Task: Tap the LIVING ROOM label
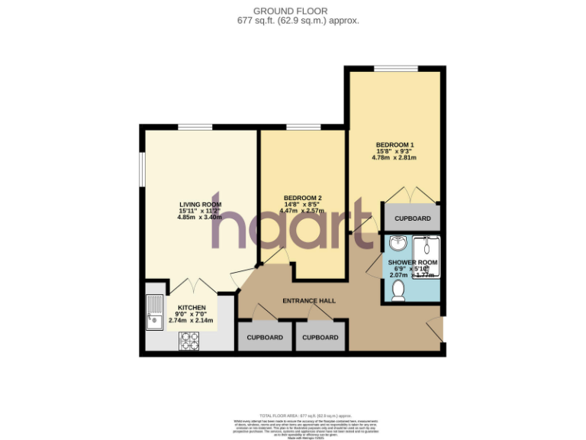click(x=200, y=204)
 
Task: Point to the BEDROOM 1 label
click(x=394, y=144)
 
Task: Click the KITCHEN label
click(x=192, y=308)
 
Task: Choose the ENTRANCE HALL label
click(x=309, y=301)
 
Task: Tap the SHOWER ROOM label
click(x=413, y=263)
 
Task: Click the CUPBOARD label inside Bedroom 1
click(x=412, y=218)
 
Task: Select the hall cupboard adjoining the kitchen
click(x=264, y=338)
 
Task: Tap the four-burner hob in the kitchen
click(x=188, y=341)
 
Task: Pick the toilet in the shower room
click(x=398, y=290)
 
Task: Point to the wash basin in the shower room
click(x=397, y=244)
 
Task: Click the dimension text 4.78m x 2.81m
click(x=394, y=158)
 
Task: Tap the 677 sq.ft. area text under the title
click(x=298, y=21)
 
